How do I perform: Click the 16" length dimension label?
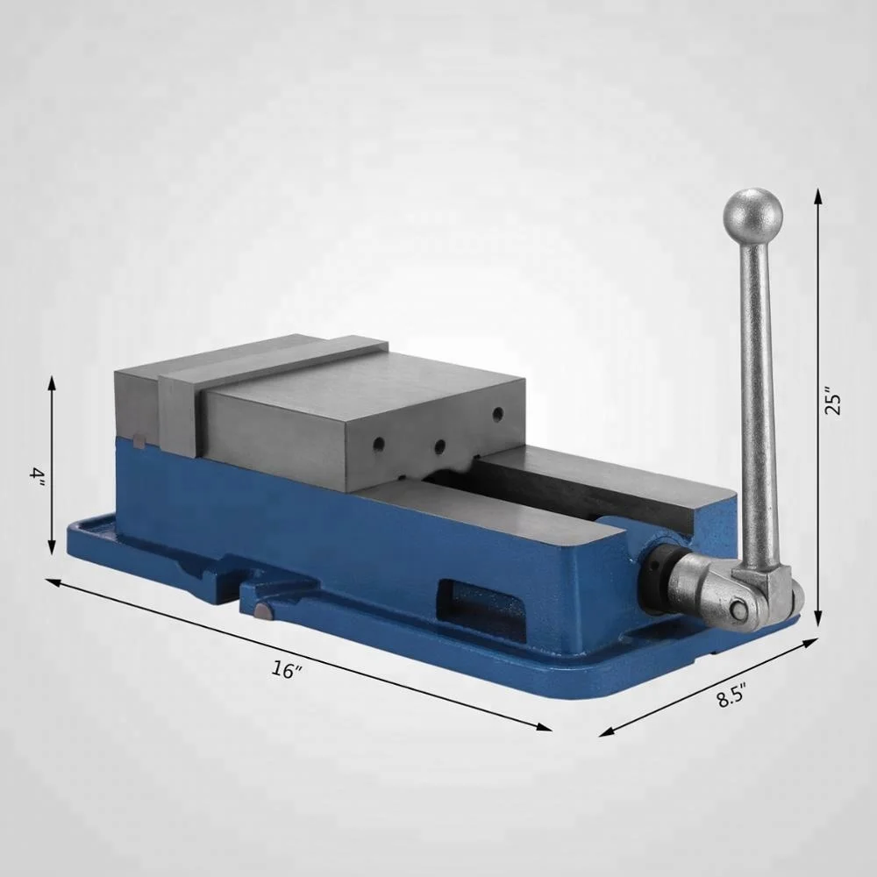[287, 669]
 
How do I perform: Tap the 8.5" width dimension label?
[732, 697]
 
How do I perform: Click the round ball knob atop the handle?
[752, 216]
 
